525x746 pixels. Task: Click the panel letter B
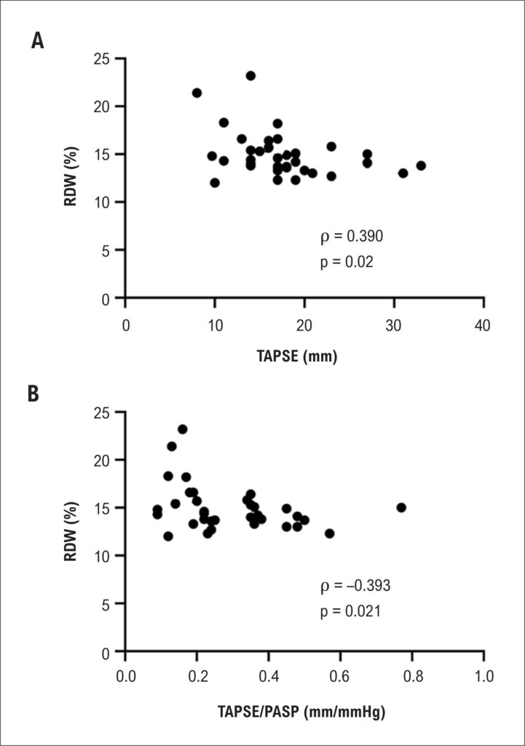click(x=33, y=394)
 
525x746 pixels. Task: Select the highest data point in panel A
click(x=250, y=76)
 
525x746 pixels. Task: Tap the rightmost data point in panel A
click(x=421, y=165)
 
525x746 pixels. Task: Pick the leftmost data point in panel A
click(x=197, y=93)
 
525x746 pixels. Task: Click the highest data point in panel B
click(x=183, y=429)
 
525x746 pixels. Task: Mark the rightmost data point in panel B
click(x=401, y=508)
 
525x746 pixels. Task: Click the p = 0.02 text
click(x=347, y=262)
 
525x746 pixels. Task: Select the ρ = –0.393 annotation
click(x=355, y=586)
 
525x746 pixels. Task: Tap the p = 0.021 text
click(x=350, y=611)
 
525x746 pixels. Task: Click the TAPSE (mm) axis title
click(x=297, y=356)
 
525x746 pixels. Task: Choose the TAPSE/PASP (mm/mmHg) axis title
click(x=301, y=712)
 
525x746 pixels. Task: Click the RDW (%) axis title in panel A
click(x=71, y=176)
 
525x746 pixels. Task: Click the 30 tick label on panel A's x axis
click(x=394, y=326)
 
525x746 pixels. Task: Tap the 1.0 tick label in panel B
click(x=483, y=676)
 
